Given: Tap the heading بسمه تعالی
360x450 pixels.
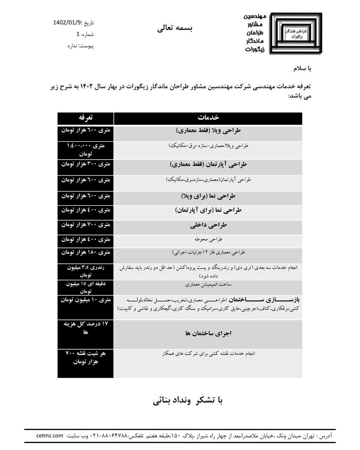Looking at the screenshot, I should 175,28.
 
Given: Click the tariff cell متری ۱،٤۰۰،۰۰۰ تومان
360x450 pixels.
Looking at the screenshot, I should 86,149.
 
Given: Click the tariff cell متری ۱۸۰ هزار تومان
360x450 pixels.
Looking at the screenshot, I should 86,252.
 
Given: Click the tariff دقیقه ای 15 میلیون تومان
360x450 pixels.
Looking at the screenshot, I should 86,288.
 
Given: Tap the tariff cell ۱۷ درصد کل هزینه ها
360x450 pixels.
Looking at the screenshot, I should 86,328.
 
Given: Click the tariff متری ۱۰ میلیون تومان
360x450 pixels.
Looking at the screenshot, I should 86,300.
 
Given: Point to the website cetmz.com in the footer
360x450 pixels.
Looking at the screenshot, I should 50,436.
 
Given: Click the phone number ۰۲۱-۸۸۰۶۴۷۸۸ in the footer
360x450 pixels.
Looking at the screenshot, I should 109,436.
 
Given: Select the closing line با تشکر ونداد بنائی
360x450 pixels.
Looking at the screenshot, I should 188,400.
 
